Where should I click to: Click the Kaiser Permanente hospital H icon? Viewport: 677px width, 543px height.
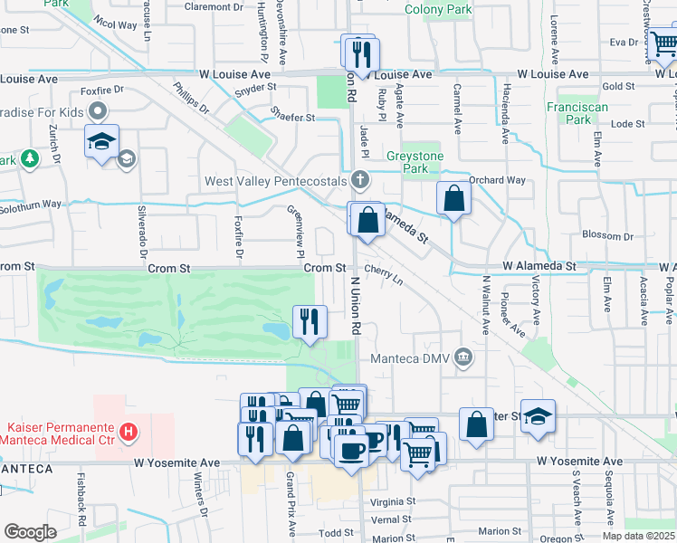pyautogui.click(x=129, y=432)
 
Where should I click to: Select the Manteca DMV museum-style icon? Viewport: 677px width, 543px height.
pyautogui.click(x=463, y=357)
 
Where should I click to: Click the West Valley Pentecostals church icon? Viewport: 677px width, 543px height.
pyautogui.click(x=361, y=181)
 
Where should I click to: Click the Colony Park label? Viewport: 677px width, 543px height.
pyautogui.click(x=438, y=10)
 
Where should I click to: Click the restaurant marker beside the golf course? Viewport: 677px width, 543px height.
pyautogui.click(x=310, y=321)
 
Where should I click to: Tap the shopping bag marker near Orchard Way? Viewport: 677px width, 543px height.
pyautogui.click(x=453, y=198)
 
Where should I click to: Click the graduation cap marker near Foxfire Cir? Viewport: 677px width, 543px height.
pyautogui.click(x=101, y=142)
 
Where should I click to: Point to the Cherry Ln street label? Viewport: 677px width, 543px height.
pyautogui.click(x=384, y=274)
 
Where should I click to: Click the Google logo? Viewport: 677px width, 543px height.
pyautogui.click(x=30, y=532)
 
